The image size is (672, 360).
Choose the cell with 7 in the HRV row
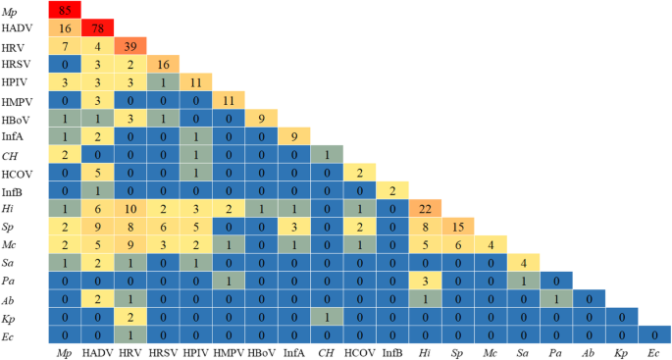coord(65,47)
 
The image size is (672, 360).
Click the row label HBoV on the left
coord(17,117)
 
